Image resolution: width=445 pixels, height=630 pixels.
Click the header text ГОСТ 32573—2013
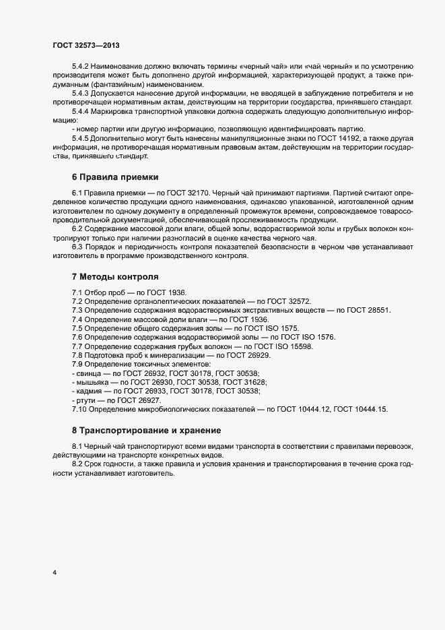pos(86,45)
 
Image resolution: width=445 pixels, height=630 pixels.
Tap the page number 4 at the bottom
pos(54,573)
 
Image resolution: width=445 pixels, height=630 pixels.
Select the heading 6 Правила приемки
pos(114,177)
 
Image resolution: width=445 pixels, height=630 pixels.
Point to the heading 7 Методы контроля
pos(116,276)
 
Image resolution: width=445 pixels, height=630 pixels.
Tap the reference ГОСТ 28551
pos(368,309)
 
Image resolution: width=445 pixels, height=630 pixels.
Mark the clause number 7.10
pos(81,408)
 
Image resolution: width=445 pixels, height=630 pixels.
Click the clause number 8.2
pos(79,464)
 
